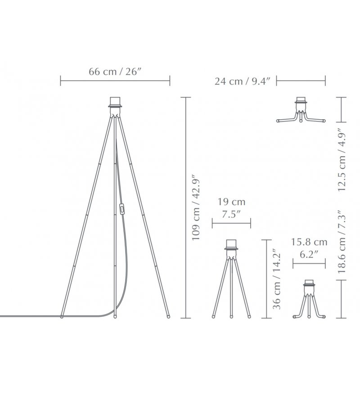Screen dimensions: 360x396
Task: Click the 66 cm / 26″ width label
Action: tap(114, 72)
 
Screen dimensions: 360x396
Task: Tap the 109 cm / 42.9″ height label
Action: tap(196, 207)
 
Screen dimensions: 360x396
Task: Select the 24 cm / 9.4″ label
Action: tap(243, 81)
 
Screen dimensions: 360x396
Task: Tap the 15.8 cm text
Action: tap(309, 242)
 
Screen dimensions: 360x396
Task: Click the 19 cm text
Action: tap(231, 202)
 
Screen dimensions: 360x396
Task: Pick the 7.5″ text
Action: tap(231, 214)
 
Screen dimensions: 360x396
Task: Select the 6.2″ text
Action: tap(309, 254)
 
